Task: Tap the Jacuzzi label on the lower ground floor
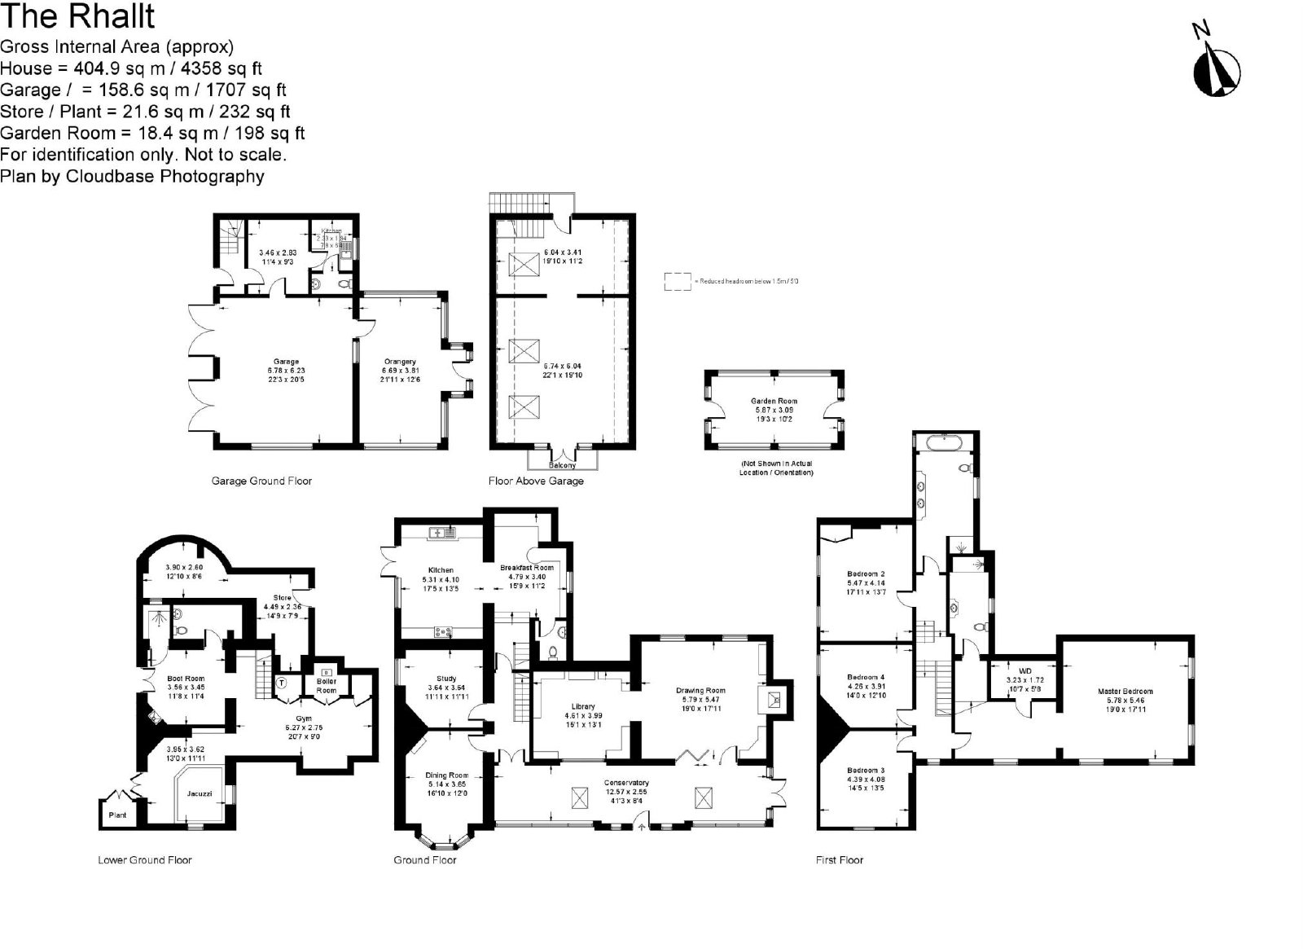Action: tap(200, 792)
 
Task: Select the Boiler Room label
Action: tap(326, 686)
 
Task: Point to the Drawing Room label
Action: tap(700, 691)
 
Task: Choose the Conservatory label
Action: tap(626, 783)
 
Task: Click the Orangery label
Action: tap(400, 362)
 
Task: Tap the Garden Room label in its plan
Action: tap(774, 401)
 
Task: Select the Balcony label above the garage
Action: tap(562, 465)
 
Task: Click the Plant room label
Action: tap(117, 814)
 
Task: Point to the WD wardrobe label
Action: tap(1024, 671)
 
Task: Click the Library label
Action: tap(583, 706)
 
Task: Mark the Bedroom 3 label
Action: tap(865, 770)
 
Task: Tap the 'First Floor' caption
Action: tap(839, 859)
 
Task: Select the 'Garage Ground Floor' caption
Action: tap(261, 481)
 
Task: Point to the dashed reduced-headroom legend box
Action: tap(677, 281)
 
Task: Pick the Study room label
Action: tap(446, 679)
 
